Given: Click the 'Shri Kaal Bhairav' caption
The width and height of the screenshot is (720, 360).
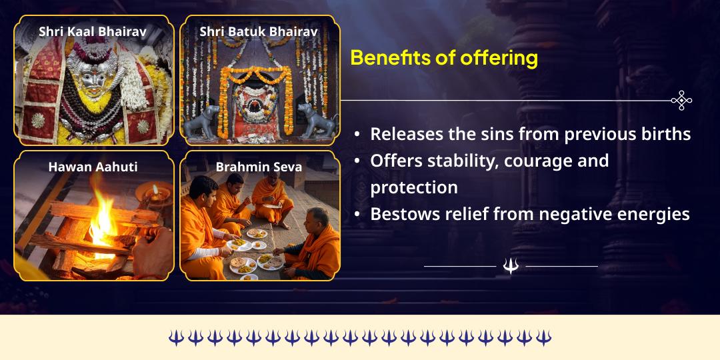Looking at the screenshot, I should [93, 31].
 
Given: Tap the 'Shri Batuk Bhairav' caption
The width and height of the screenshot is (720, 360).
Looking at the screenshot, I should [259, 31].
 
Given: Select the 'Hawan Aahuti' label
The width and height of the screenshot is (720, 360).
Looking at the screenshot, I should [93, 167].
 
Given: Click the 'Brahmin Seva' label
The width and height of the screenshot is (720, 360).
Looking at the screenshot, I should [259, 167].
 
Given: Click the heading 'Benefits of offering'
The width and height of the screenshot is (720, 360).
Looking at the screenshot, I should [444, 58].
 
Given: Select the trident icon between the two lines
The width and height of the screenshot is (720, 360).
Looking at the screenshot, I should [511, 266].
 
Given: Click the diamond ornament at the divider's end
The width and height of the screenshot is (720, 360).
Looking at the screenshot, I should [681, 101].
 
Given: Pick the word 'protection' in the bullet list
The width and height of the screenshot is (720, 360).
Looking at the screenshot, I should [414, 187].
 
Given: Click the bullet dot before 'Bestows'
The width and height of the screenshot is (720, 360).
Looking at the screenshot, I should [357, 215].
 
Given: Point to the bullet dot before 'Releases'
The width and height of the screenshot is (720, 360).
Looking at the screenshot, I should [357, 135].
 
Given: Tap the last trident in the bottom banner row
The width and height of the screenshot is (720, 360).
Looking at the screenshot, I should [543, 337].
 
